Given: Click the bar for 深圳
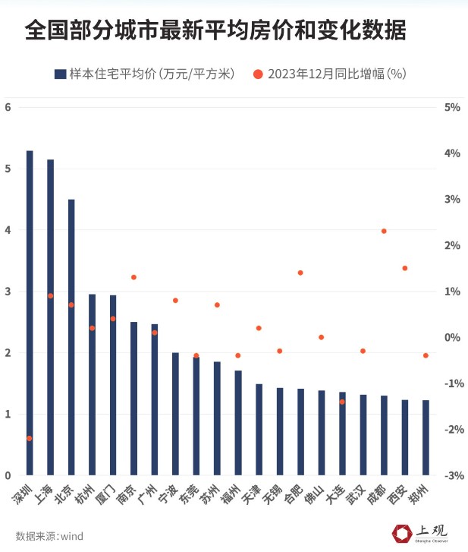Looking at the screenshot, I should (x=30, y=311).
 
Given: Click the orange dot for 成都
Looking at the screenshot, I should (x=384, y=231).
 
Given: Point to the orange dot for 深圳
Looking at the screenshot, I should (x=30, y=438).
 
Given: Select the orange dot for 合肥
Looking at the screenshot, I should (x=300, y=273).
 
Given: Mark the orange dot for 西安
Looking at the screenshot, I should (x=404, y=268).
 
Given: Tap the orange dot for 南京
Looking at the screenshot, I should (x=133, y=277).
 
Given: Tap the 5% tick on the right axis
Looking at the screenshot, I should (x=452, y=107).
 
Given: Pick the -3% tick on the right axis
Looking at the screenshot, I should (x=452, y=475).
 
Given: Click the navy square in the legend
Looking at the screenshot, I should (x=60, y=74).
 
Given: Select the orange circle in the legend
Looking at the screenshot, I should (x=258, y=74).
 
